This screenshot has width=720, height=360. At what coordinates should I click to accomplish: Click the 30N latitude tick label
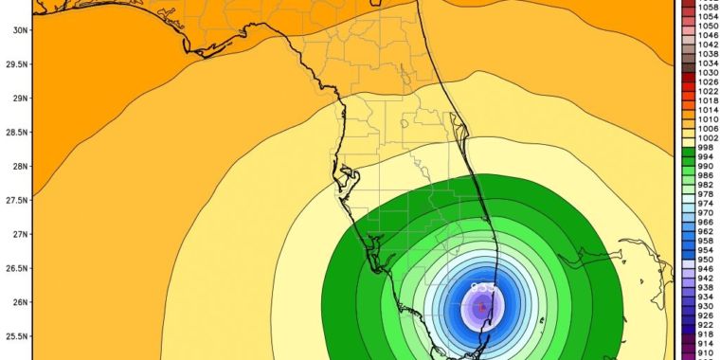[x=17, y=29]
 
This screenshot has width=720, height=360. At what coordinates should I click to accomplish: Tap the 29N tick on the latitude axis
[x=17, y=98]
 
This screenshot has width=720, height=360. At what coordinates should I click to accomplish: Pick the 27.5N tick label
[x=14, y=200]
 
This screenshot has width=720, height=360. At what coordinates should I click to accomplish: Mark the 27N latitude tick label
[x=17, y=234]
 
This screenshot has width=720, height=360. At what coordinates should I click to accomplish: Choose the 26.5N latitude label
[x=14, y=268]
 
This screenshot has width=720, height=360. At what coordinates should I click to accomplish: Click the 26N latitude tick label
[x=17, y=302]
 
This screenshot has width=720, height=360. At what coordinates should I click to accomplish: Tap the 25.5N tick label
[x=14, y=336]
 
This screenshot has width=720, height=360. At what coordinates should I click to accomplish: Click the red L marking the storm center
[x=482, y=307]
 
